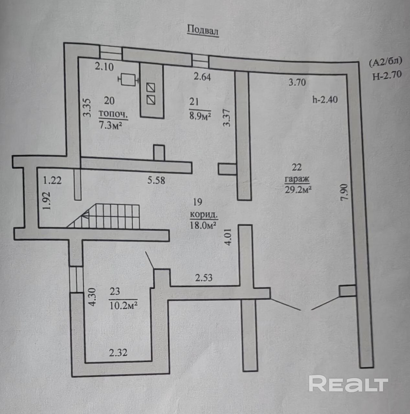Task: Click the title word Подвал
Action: (x=203, y=30)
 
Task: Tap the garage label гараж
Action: (x=297, y=179)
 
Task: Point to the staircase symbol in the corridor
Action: (x=103, y=216)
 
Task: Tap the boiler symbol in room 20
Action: (x=128, y=79)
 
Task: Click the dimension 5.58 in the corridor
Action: (x=156, y=180)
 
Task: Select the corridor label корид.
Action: (x=204, y=214)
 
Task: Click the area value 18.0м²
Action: (x=203, y=224)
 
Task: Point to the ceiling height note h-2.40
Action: (x=325, y=99)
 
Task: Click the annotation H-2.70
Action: (x=387, y=75)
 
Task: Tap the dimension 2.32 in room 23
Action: (x=118, y=352)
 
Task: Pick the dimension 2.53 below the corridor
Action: (x=204, y=277)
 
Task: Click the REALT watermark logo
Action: (x=348, y=384)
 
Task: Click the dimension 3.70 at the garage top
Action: (x=297, y=82)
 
